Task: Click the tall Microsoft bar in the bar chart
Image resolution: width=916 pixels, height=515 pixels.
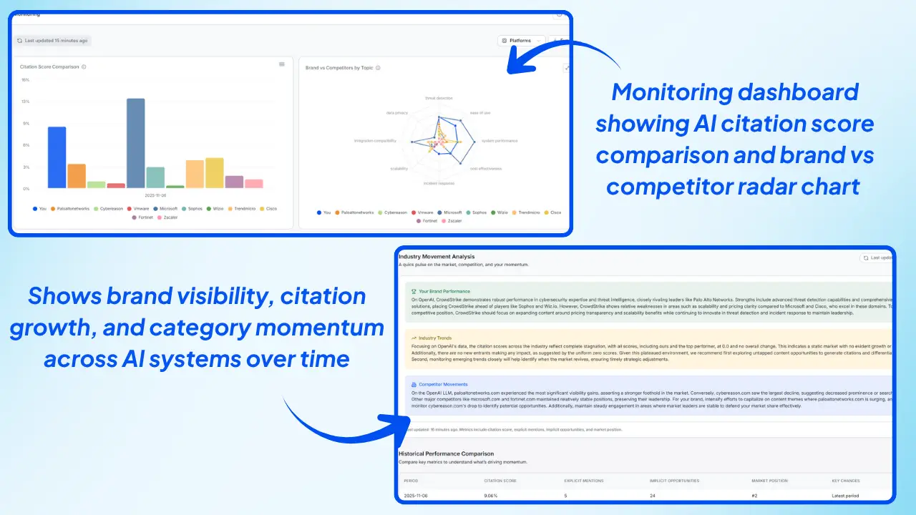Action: pos(136,143)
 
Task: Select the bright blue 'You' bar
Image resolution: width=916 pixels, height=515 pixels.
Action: pos(57,157)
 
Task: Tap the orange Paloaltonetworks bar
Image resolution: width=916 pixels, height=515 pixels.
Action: pos(77,176)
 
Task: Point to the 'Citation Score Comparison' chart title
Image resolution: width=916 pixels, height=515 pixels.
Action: pos(50,67)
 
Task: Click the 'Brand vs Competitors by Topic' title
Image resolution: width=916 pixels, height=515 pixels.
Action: pos(340,68)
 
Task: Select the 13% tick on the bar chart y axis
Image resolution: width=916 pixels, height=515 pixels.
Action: pos(25,102)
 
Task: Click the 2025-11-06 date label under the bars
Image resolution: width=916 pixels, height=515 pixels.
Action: pos(155,195)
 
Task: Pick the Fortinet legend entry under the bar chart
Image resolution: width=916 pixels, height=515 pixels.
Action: pos(146,217)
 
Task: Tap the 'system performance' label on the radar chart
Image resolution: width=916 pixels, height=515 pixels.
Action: pos(499,141)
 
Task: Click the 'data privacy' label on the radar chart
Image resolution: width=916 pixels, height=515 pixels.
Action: pos(397,112)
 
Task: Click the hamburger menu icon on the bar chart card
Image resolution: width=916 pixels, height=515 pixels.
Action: pos(282,64)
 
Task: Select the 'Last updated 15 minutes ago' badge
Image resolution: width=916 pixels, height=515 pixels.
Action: pos(54,41)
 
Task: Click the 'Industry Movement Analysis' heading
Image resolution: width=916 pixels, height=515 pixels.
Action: pos(437,257)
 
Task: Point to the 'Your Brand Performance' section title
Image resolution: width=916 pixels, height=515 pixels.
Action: pos(444,292)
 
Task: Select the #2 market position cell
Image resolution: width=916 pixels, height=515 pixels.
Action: pos(755,496)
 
